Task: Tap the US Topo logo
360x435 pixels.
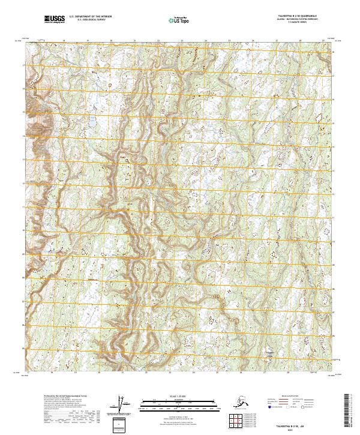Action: click(175, 20)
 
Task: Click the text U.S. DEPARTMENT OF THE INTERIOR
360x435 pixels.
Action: click(90, 17)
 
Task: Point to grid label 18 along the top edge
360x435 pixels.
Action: click(64, 41)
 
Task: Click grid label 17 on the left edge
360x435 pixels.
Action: click(24, 64)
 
